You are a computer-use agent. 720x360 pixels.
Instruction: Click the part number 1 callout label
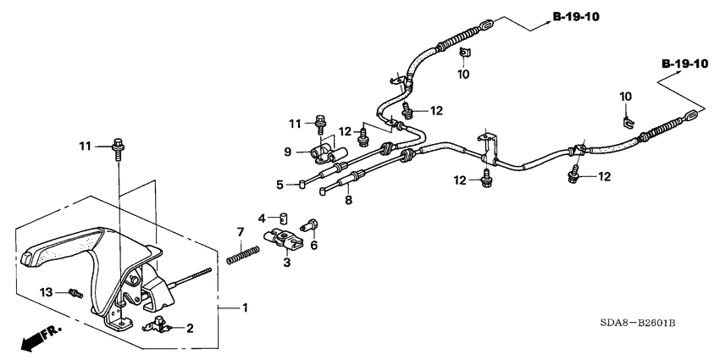pos(246,307)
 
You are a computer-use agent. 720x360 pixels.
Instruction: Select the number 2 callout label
pos(190,327)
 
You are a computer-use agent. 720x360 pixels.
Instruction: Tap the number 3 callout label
pos(285,264)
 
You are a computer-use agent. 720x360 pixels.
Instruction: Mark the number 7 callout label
pos(240,232)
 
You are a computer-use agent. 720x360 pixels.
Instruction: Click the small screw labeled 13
pos(75,293)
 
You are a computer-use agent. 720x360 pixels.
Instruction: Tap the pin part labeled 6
pos(311,227)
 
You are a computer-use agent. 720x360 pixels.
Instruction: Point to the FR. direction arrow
pos(34,340)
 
